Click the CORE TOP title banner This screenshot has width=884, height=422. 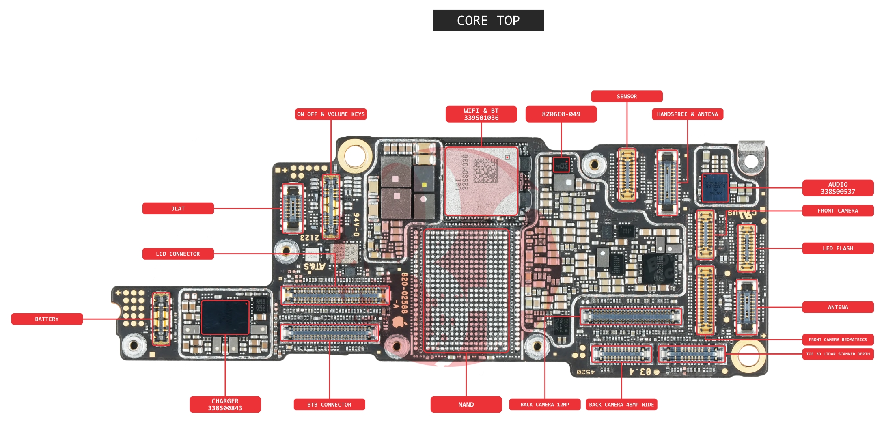[488, 20]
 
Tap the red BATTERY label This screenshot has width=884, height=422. [47, 319]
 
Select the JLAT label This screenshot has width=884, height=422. [178, 209]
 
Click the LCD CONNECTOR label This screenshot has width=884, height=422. [178, 254]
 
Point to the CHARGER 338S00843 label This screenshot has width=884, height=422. [225, 405]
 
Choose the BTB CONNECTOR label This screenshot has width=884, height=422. [329, 405]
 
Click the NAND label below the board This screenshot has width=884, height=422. [466, 405]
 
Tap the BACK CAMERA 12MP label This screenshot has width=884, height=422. [545, 405]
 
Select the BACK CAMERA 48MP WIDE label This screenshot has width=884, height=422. [621, 405]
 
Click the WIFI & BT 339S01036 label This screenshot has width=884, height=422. [481, 114]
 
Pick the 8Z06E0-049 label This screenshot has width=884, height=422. [561, 114]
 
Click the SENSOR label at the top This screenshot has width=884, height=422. [627, 97]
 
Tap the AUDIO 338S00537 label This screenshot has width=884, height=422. [838, 188]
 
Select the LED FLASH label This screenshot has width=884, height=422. [838, 248]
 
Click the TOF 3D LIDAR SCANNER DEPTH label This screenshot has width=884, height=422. [838, 354]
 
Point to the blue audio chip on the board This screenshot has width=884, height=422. [716, 188]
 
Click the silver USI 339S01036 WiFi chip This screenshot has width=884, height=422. [481, 181]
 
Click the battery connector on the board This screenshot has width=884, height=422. [161, 319]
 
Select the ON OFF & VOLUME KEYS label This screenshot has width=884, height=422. [331, 114]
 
